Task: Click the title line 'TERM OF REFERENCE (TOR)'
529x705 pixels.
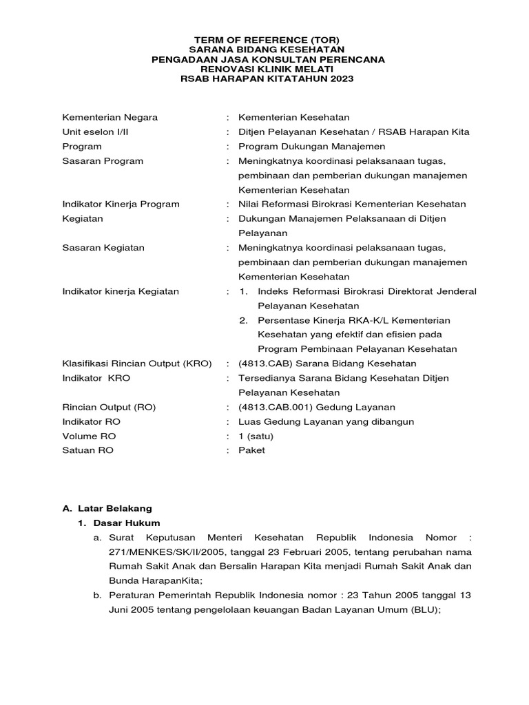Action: (267, 40)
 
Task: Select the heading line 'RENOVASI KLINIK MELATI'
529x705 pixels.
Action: (267, 69)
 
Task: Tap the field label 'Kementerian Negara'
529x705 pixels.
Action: (110, 117)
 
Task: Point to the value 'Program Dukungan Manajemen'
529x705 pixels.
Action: (311, 146)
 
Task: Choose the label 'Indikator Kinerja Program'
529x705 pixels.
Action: (121, 204)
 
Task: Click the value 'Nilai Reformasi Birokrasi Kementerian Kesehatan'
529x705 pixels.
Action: (352, 204)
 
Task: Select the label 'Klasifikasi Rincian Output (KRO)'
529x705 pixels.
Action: (136, 364)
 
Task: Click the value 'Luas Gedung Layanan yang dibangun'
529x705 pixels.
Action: (326, 421)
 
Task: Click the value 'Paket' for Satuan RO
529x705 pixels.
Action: (251, 450)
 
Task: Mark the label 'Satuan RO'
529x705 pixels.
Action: (88, 450)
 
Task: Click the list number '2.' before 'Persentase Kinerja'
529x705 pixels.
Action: (243, 320)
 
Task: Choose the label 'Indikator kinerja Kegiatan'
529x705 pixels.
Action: (121, 291)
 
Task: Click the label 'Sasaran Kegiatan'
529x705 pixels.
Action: (103, 248)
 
